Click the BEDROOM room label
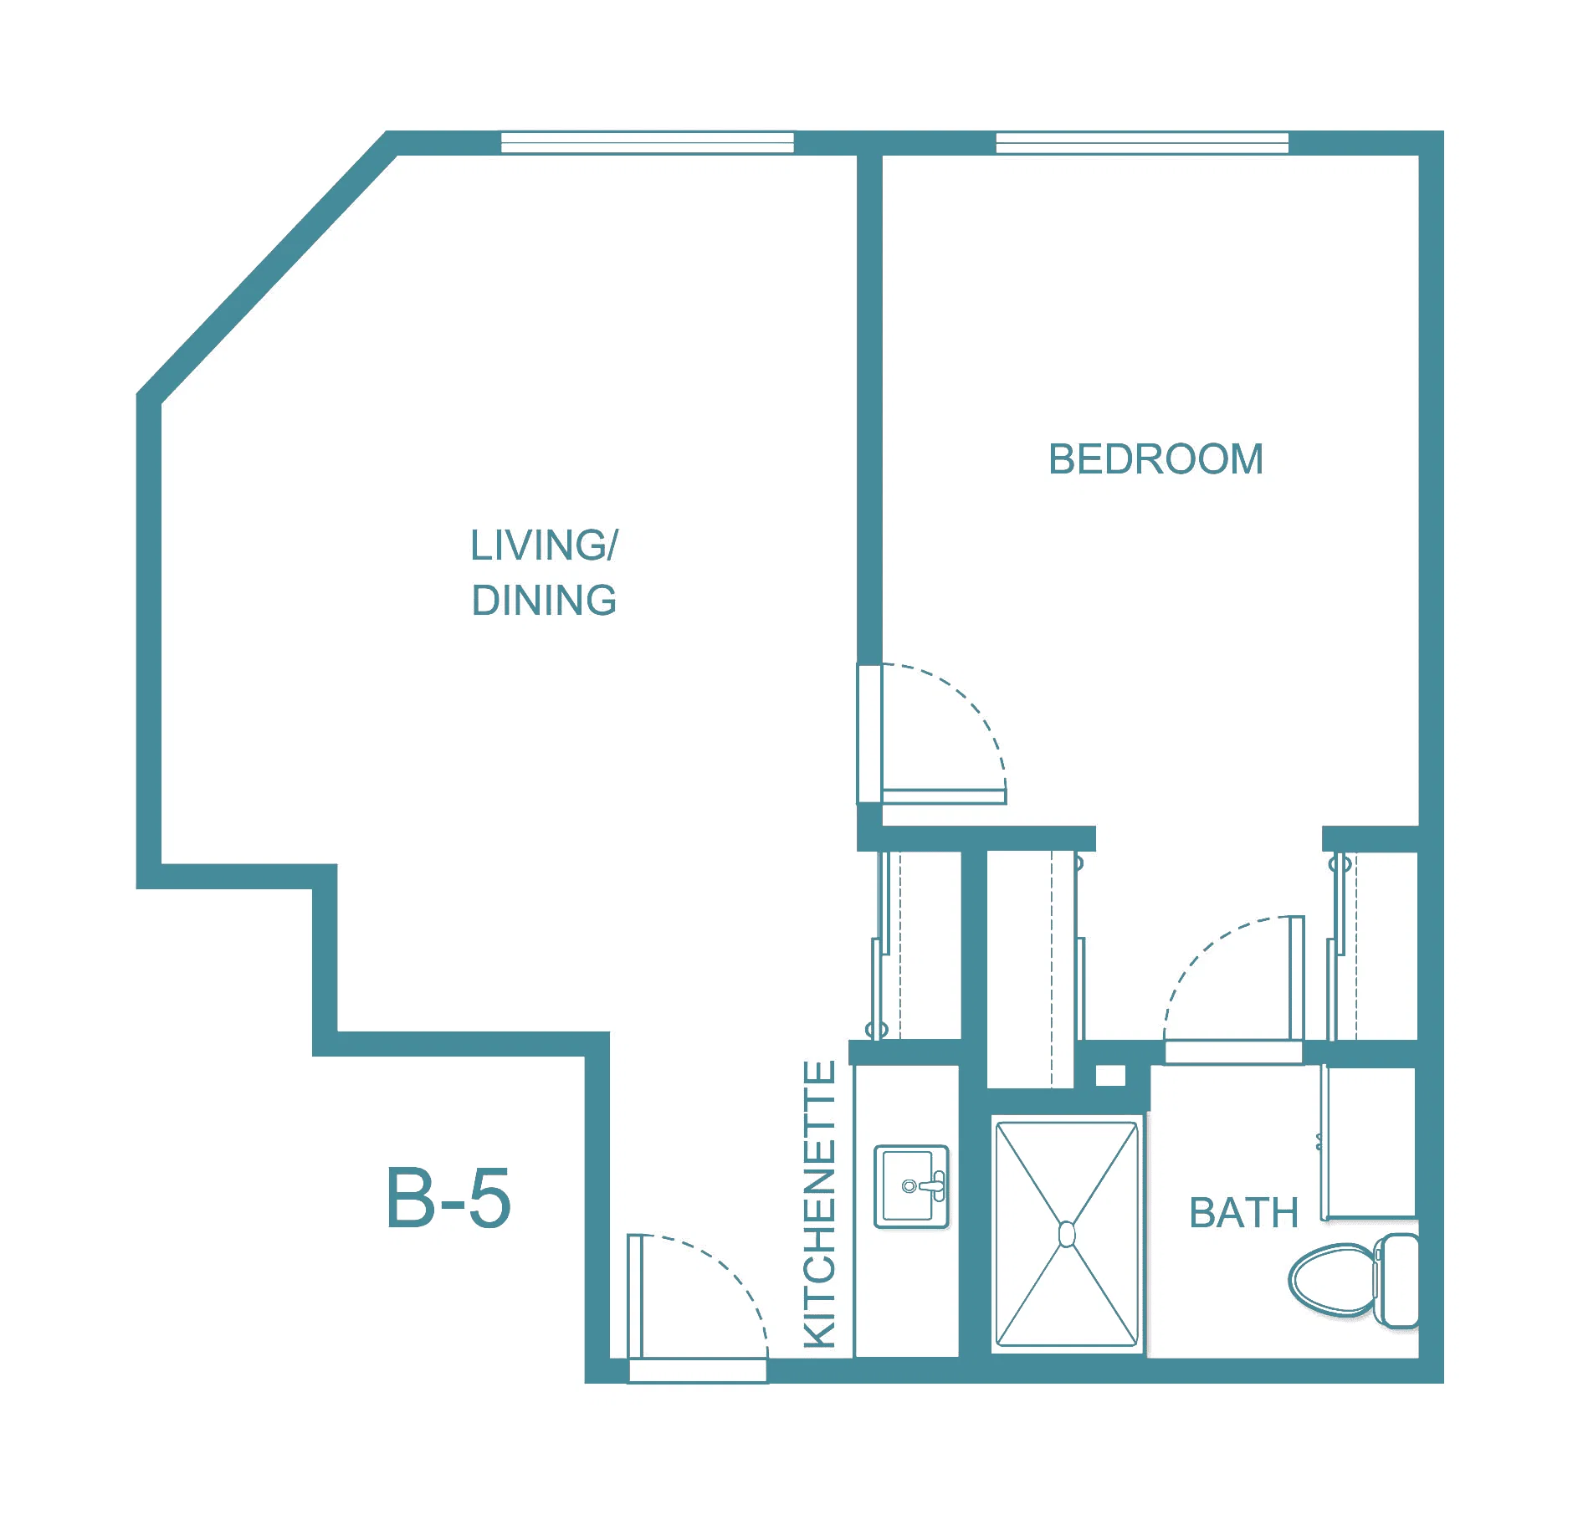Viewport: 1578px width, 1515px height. [x=1155, y=459]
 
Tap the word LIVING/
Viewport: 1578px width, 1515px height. [x=544, y=545]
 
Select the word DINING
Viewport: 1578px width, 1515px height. [x=544, y=601]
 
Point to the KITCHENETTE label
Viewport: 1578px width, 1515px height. [x=819, y=1204]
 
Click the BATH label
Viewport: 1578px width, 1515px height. [x=1243, y=1213]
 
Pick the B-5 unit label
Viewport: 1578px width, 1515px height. [x=448, y=1198]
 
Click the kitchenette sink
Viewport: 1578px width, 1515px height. [x=911, y=1186]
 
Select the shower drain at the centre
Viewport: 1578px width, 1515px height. [x=1067, y=1234]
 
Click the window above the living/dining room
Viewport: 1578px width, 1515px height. [x=647, y=142]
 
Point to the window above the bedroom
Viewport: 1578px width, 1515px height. [x=1142, y=142]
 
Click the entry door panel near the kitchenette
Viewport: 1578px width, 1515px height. [x=698, y=1369]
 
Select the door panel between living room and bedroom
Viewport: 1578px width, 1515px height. [x=944, y=796]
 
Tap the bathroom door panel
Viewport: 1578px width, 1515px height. [x=1233, y=1052]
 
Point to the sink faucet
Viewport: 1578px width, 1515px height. [x=927, y=1186]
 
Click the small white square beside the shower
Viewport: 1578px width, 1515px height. [x=1110, y=1076]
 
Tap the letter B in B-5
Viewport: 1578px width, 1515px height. [x=410, y=1198]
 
